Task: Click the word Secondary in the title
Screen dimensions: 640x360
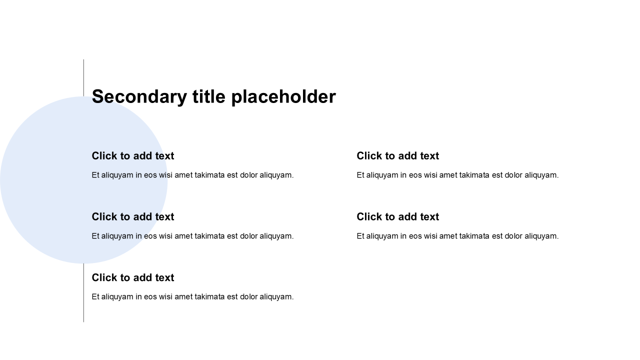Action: point(139,97)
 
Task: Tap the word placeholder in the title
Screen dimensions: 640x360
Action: point(283,97)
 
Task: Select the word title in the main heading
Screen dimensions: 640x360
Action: point(209,96)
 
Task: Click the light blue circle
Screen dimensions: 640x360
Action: point(83,180)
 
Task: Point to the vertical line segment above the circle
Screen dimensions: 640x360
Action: point(83,78)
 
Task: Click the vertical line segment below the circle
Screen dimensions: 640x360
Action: point(83,293)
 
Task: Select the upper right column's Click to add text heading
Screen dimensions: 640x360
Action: point(397,156)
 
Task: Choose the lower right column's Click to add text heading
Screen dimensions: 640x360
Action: point(397,217)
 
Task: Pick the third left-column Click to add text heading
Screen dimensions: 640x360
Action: point(133,277)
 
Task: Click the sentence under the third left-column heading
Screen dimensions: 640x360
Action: point(193,297)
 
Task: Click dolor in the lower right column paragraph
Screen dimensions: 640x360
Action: point(513,236)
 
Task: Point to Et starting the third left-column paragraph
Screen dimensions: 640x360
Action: point(95,297)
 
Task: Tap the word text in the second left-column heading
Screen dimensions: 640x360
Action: point(164,217)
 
